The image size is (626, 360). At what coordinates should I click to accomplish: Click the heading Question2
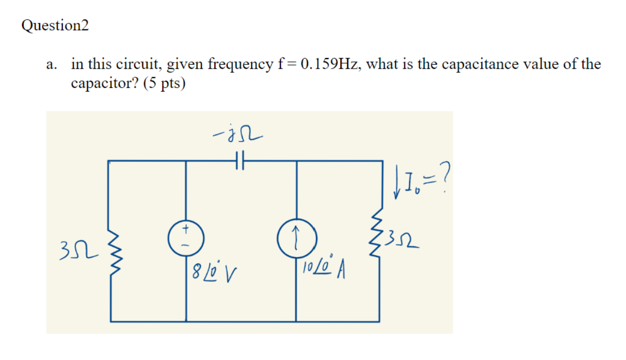point(55,26)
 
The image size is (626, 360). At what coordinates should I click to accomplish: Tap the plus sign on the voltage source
point(186,229)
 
